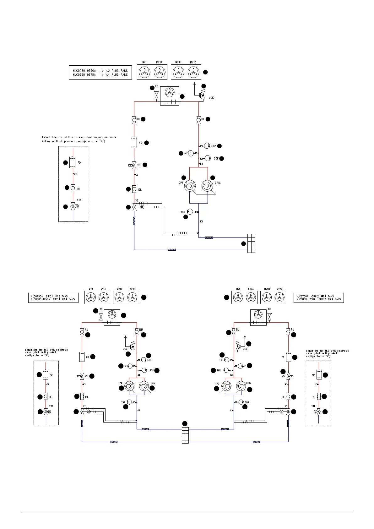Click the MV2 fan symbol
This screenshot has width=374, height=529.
(238, 297)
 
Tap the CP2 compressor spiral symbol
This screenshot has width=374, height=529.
(227, 386)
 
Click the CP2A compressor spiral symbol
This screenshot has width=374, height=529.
(241, 386)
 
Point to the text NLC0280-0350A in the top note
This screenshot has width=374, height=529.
(84, 71)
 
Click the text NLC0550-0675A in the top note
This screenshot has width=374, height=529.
(84, 75)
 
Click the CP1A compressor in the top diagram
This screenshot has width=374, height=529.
(207, 186)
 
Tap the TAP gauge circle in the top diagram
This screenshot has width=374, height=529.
(207, 146)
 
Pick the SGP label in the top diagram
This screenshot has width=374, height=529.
(216, 159)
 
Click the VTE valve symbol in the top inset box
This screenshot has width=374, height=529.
(73, 206)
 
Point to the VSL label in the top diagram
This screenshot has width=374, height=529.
(140, 165)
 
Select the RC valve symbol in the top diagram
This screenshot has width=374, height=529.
(156, 95)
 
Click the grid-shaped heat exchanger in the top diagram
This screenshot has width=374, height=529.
(251, 243)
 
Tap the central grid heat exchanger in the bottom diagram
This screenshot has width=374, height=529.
(185, 435)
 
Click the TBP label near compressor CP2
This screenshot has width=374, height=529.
(247, 402)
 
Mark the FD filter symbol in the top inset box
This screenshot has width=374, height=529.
(73, 162)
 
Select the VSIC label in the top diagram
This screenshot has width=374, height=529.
(212, 98)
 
